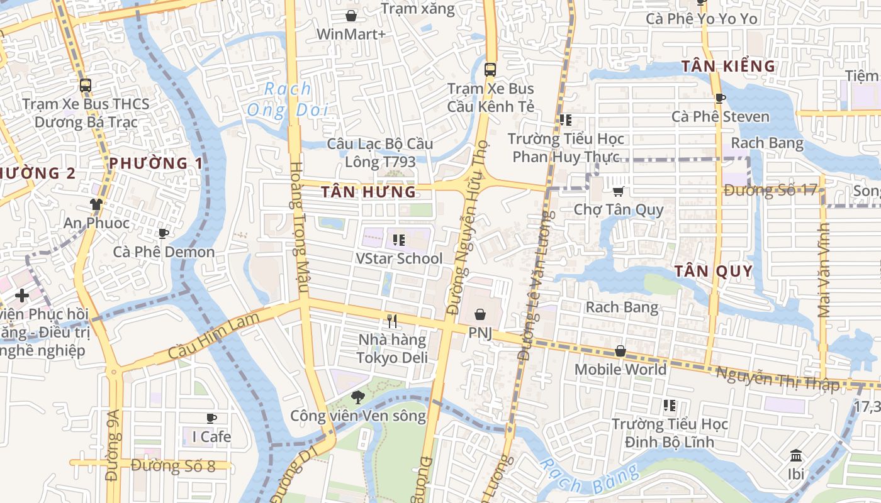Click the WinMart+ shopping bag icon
click(351, 16)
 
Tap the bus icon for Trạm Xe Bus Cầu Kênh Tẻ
click(490, 70)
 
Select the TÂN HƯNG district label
click(368, 192)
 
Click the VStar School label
click(399, 258)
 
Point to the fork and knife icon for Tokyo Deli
click(392, 321)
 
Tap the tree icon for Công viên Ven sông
click(358, 397)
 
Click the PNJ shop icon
click(480, 314)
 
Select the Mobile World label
click(620, 369)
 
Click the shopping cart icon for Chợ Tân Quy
click(618, 191)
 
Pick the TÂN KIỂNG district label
click(729, 66)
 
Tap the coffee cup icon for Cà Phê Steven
click(720, 98)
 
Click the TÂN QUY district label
click(714, 272)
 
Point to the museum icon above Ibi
click(796, 455)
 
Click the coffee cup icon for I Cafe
click(211, 418)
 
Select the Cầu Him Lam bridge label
click(214, 337)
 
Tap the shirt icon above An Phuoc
click(96, 204)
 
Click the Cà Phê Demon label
click(164, 252)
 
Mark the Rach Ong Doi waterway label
click(288, 99)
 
